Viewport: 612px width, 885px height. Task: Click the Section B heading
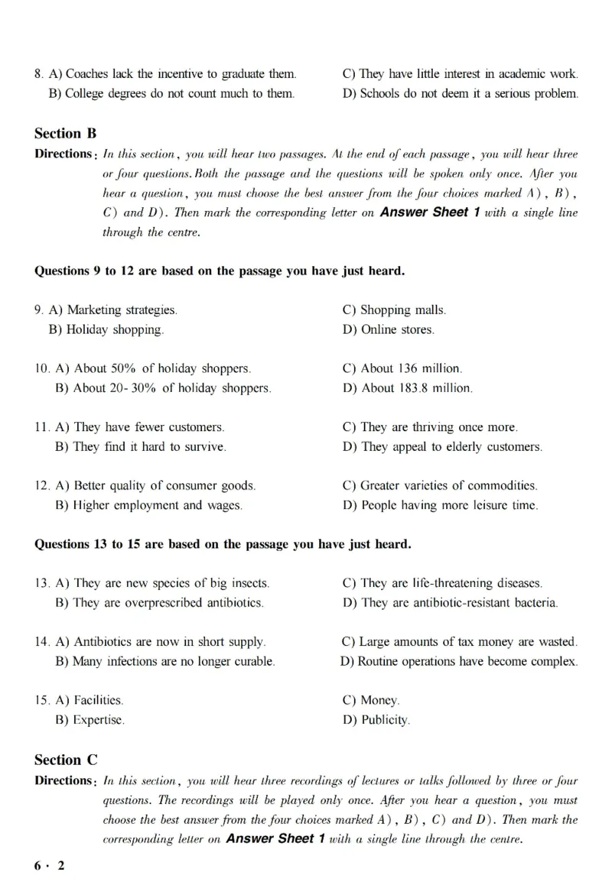[x=65, y=133]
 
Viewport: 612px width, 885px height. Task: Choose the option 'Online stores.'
[x=389, y=330]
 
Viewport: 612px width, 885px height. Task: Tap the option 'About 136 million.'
[x=402, y=368]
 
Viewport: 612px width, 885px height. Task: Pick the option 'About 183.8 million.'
[x=407, y=388]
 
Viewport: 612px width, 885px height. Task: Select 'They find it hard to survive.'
[x=141, y=447]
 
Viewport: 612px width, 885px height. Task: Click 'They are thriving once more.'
[x=430, y=427]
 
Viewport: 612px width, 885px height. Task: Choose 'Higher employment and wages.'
[x=148, y=505]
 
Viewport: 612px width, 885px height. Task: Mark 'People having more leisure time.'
[x=440, y=505]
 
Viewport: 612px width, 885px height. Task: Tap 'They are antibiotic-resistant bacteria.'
[x=450, y=603]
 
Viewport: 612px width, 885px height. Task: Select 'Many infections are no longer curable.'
[x=165, y=661]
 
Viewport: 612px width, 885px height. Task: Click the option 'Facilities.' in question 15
[x=90, y=700]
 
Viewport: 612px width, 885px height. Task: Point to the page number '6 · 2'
[x=50, y=866]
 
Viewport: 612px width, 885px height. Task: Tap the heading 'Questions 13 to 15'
[x=223, y=544]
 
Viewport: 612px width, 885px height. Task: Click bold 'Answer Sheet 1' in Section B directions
[x=429, y=212]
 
